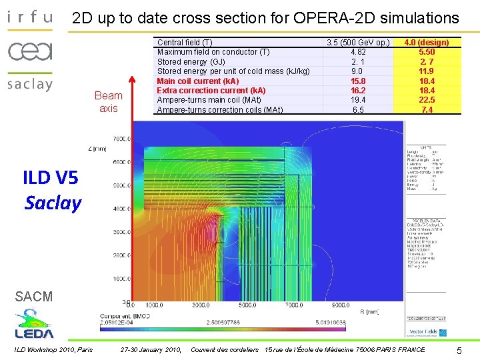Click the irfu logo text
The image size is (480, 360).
30,17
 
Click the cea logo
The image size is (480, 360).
30,51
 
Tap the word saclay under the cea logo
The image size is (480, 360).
30,85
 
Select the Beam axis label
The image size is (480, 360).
108,101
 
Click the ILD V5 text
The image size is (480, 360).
50,177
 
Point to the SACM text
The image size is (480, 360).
33,297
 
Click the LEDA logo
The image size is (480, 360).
35,325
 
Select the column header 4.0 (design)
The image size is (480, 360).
427,43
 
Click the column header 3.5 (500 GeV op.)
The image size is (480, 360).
357,43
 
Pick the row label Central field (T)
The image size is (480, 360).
185,43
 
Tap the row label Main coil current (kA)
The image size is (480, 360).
197,81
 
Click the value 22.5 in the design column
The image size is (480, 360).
427,100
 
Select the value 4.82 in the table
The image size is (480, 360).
357,52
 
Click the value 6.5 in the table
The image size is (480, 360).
357,110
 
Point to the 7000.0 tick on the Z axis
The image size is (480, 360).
121,139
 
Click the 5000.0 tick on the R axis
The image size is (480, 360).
246,305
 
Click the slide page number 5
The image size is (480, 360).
459,350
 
